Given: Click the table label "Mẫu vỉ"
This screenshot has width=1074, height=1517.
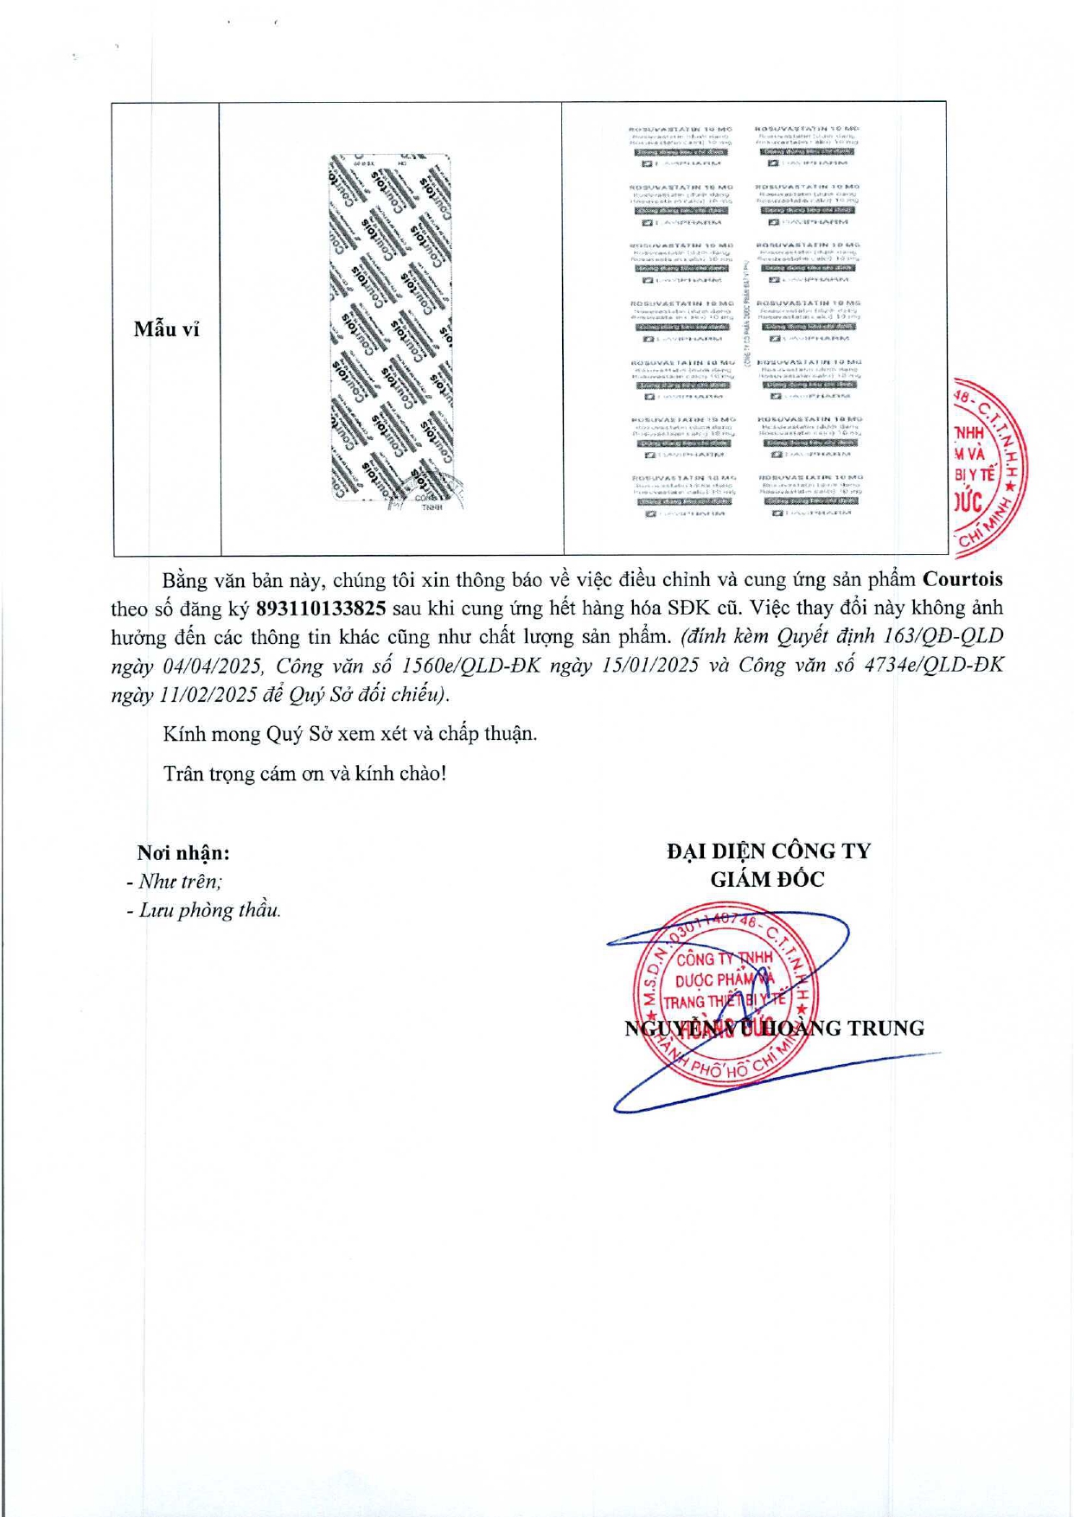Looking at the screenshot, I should tap(166, 329).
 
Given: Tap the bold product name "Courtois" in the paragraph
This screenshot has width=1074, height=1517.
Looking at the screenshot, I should tap(962, 579).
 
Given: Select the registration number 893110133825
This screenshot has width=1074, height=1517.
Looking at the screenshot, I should tap(321, 609).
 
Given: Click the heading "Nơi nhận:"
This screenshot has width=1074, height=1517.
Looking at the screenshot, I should tap(183, 853).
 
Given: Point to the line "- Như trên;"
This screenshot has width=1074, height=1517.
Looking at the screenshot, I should tap(174, 882).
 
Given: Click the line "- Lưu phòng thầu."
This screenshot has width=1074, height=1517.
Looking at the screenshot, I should tap(203, 910).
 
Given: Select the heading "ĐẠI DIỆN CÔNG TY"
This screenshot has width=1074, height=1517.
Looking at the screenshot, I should tap(768, 851).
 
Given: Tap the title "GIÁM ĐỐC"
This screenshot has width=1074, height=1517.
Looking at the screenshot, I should tap(767, 880).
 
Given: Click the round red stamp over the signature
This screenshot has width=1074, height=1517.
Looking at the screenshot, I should tap(725, 994).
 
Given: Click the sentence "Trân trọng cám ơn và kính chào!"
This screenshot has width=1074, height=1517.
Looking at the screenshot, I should tap(304, 774).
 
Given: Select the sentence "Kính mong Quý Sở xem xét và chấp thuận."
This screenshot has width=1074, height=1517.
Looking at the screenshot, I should tap(349, 734).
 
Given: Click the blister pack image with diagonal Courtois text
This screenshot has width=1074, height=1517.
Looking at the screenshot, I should tap(391, 328).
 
